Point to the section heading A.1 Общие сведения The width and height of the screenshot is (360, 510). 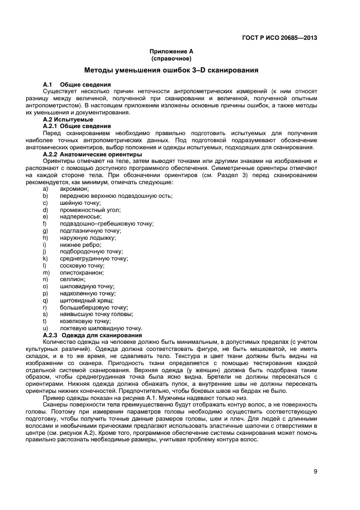tap(77, 84)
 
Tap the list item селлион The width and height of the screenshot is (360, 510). tap(72, 279)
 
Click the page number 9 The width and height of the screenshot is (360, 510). tap(315, 471)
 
